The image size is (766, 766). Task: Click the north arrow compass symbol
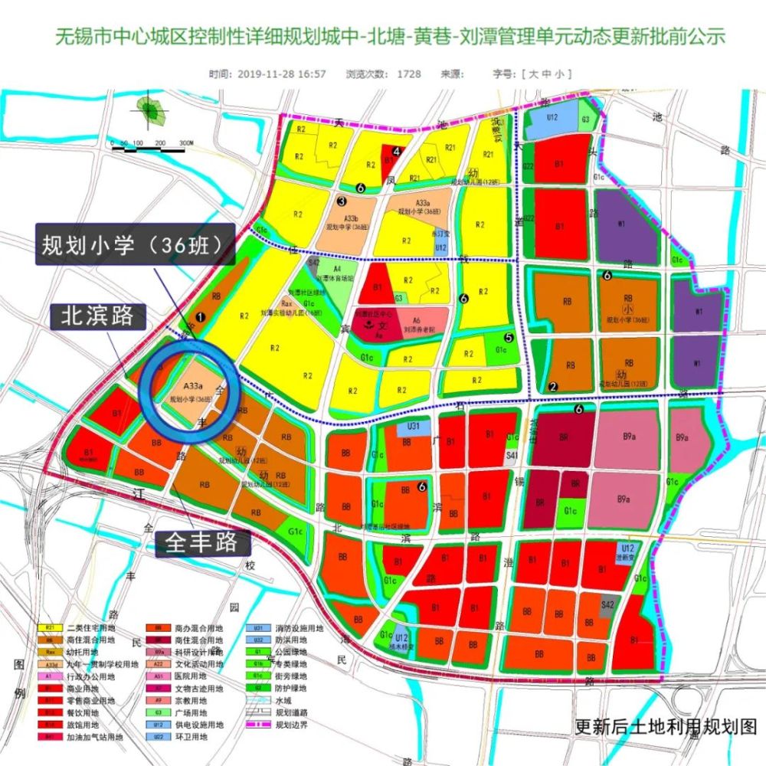click(152, 113)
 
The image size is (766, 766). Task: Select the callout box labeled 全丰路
click(204, 543)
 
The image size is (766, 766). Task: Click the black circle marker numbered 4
click(397, 152)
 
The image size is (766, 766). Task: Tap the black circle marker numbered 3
click(342, 201)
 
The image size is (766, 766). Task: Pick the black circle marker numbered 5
click(508, 336)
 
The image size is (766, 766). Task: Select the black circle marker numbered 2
click(552, 386)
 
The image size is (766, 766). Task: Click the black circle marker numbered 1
click(201, 316)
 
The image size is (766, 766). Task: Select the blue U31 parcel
click(413, 426)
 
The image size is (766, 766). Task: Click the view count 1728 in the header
click(408, 74)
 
